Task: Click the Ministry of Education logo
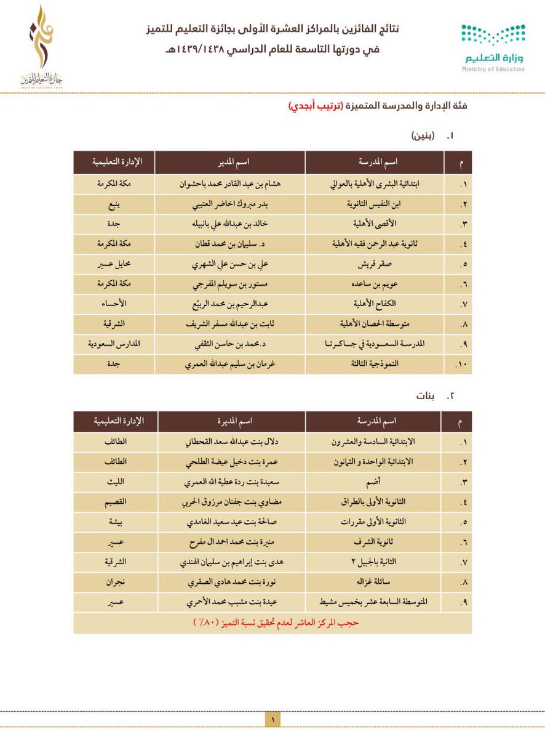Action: pyautogui.click(x=493, y=47)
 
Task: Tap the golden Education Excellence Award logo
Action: pyautogui.click(x=41, y=46)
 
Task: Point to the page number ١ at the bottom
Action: pyautogui.click(x=272, y=718)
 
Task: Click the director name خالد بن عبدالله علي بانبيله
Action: pyautogui.click(x=229, y=224)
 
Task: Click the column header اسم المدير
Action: pyautogui.click(x=231, y=162)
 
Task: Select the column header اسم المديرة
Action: pyautogui.click(x=231, y=421)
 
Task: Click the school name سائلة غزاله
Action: pyautogui.click(x=377, y=583)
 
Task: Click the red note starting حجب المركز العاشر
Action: pyautogui.click(x=272, y=623)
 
